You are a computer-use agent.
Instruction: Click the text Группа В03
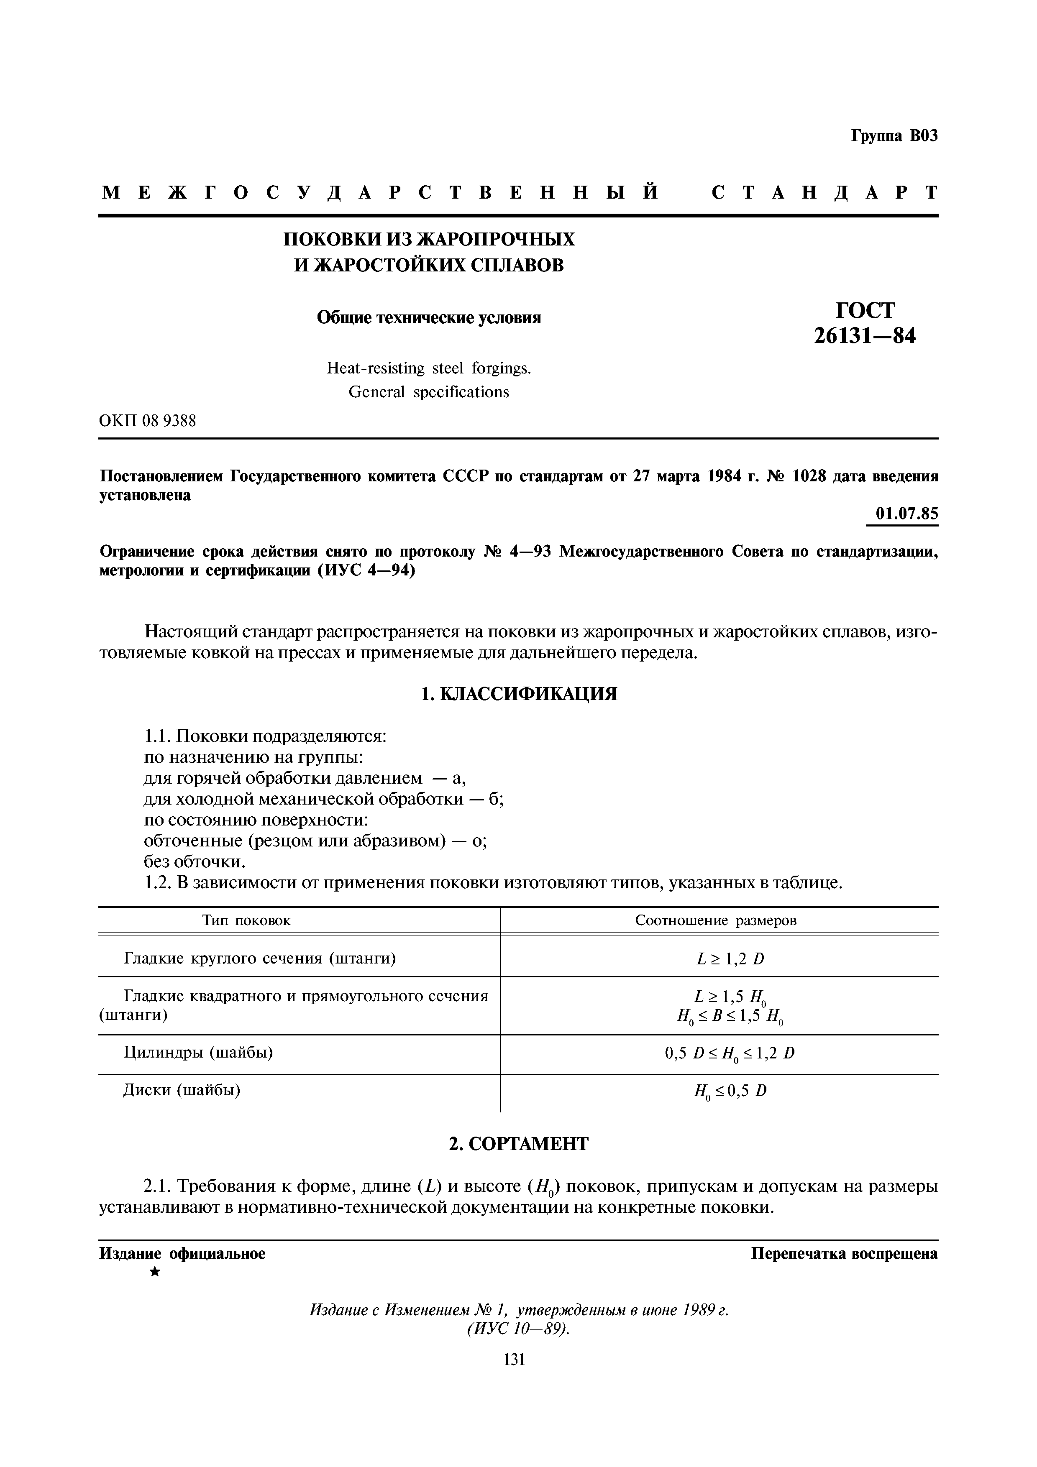[x=894, y=136]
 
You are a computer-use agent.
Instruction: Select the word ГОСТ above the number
[x=865, y=310]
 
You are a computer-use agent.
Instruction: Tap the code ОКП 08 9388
[x=148, y=421]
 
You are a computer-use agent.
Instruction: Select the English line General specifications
[x=429, y=392]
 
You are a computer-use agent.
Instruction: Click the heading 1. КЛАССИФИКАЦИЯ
[x=518, y=694]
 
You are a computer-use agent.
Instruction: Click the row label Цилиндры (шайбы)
[x=197, y=1052]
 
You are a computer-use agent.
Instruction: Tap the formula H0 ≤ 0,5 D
[x=730, y=1091]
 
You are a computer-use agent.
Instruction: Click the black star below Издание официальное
[x=155, y=1272]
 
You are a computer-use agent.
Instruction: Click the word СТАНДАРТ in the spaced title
[x=824, y=192]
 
